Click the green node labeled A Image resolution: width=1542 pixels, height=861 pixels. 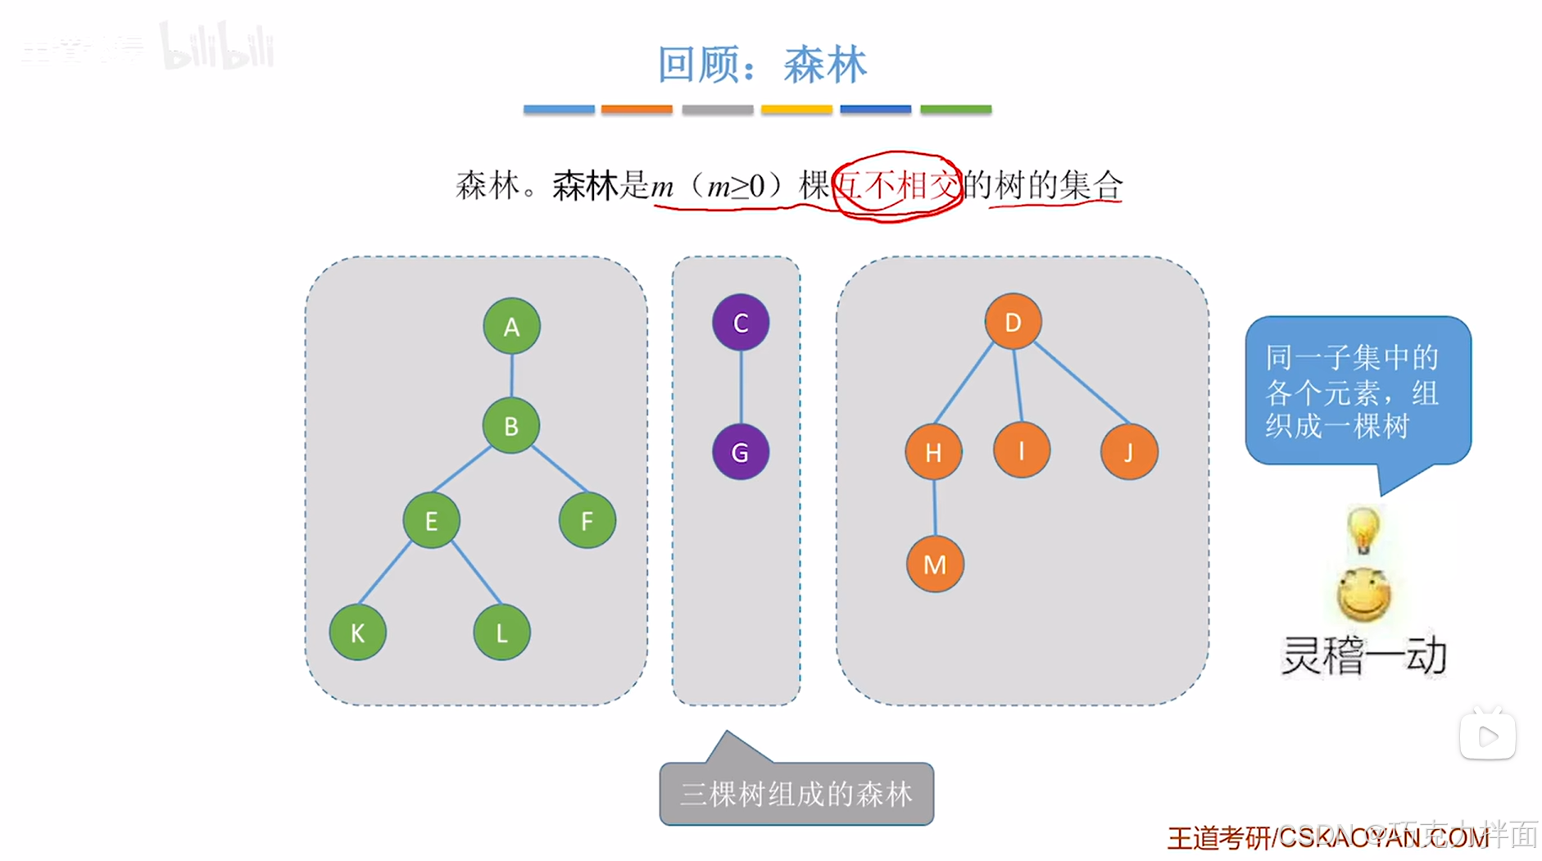pyautogui.click(x=511, y=326)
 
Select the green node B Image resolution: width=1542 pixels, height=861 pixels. pyautogui.click(x=510, y=426)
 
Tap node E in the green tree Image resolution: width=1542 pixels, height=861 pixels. pyautogui.click(x=431, y=520)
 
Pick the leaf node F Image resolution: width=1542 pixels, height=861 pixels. pyautogui.click(x=587, y=520)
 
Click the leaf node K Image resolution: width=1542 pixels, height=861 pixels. pyautogui.click(x=357, y=632)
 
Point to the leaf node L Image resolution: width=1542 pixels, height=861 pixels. pyautogui.click(x=501, y=632)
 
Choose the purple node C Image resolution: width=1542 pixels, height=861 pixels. pyautogui.click(x=741, y=323)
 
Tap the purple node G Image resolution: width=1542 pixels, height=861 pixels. pyautogui.click(x=740, y=452)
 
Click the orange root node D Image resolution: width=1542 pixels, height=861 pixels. pyautogui.click(x=1013, y=322)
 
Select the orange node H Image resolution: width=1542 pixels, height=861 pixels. pyautogui.click(x=933, y=452)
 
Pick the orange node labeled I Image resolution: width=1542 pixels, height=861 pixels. pyautogui.click(x=1021, y=451)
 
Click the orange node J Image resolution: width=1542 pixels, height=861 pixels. pyautogui.click(x=1129, y=452)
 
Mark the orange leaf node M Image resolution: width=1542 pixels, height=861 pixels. pyautogui.click(x=935, y=564)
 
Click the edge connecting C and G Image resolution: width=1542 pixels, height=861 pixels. pyautogui.click(x=741, y=387)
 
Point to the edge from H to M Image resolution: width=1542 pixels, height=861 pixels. pyautogui.click(x=934, y=508)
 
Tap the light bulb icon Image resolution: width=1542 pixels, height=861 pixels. pyautogui.click(x=1363, y=530)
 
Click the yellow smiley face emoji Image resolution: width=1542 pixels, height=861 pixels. pyautogui.click(x=1363, y=595)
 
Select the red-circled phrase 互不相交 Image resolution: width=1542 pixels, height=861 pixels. pyautogui.click(x=896, y=186)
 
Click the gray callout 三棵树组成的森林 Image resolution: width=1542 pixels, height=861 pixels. pyautogui.click(x=796, y=793)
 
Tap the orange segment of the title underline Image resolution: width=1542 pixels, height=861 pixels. pyautogui.click(x=637, y=109)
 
